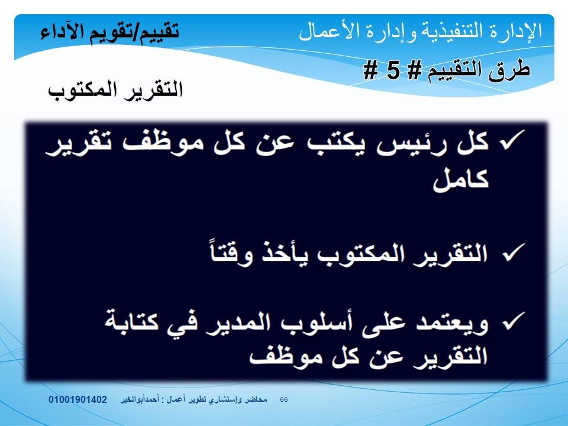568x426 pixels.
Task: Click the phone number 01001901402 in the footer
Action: click(x=78, y=399)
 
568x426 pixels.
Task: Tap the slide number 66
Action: click(x=284, y=399)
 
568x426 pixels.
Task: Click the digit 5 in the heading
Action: click(x=393, y=70)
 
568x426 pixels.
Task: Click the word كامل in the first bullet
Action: click(x=461, y=179)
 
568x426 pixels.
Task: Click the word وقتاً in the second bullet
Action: click(x=231, y=251)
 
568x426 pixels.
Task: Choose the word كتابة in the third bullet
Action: click(x=132, y=320)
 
